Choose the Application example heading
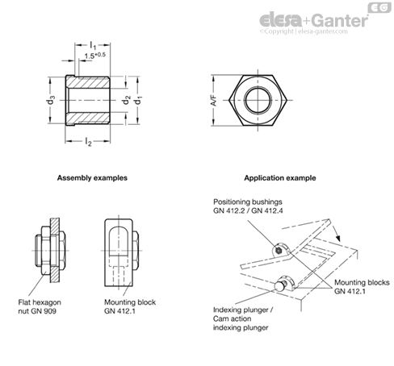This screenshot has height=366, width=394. tap(279, 177)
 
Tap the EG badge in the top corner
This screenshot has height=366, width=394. tap(377, 8)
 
